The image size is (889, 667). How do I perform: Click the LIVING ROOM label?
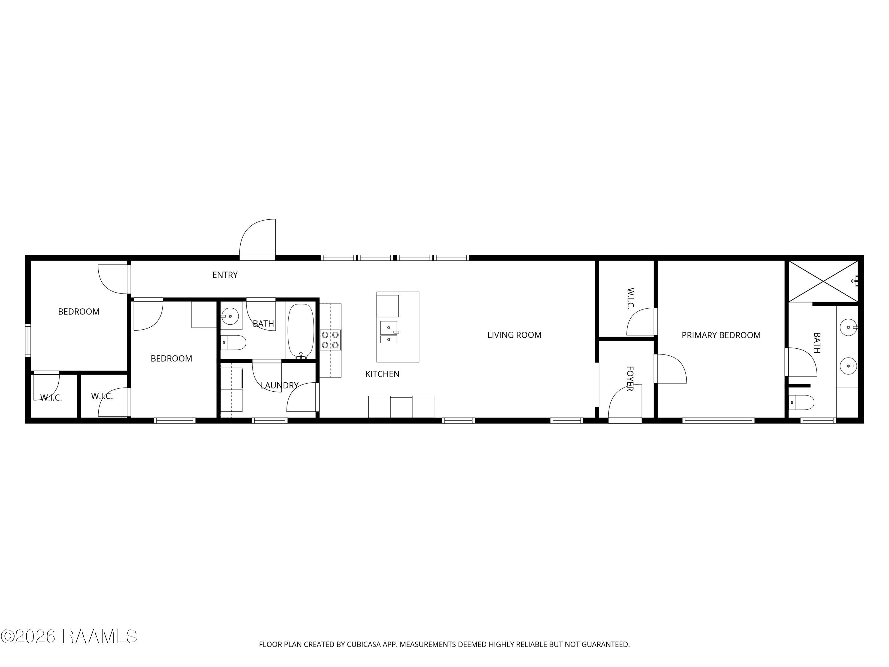click(514, 335)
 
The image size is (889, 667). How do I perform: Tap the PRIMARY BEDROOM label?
click(721, 335)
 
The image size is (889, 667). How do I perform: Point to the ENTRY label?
click(225, 275)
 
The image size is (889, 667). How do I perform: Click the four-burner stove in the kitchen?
click(330, 340)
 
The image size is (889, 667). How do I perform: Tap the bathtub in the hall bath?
click(300, 331)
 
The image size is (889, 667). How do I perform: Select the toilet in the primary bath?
click(801, 402)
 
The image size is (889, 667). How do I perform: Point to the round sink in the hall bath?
click(230, 316)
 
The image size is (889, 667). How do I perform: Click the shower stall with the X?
click(823, 281)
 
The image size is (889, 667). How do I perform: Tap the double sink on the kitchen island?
click(388, 332)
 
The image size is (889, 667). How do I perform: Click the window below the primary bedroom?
click(718, 421)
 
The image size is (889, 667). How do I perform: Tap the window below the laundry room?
click(270, 421)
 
